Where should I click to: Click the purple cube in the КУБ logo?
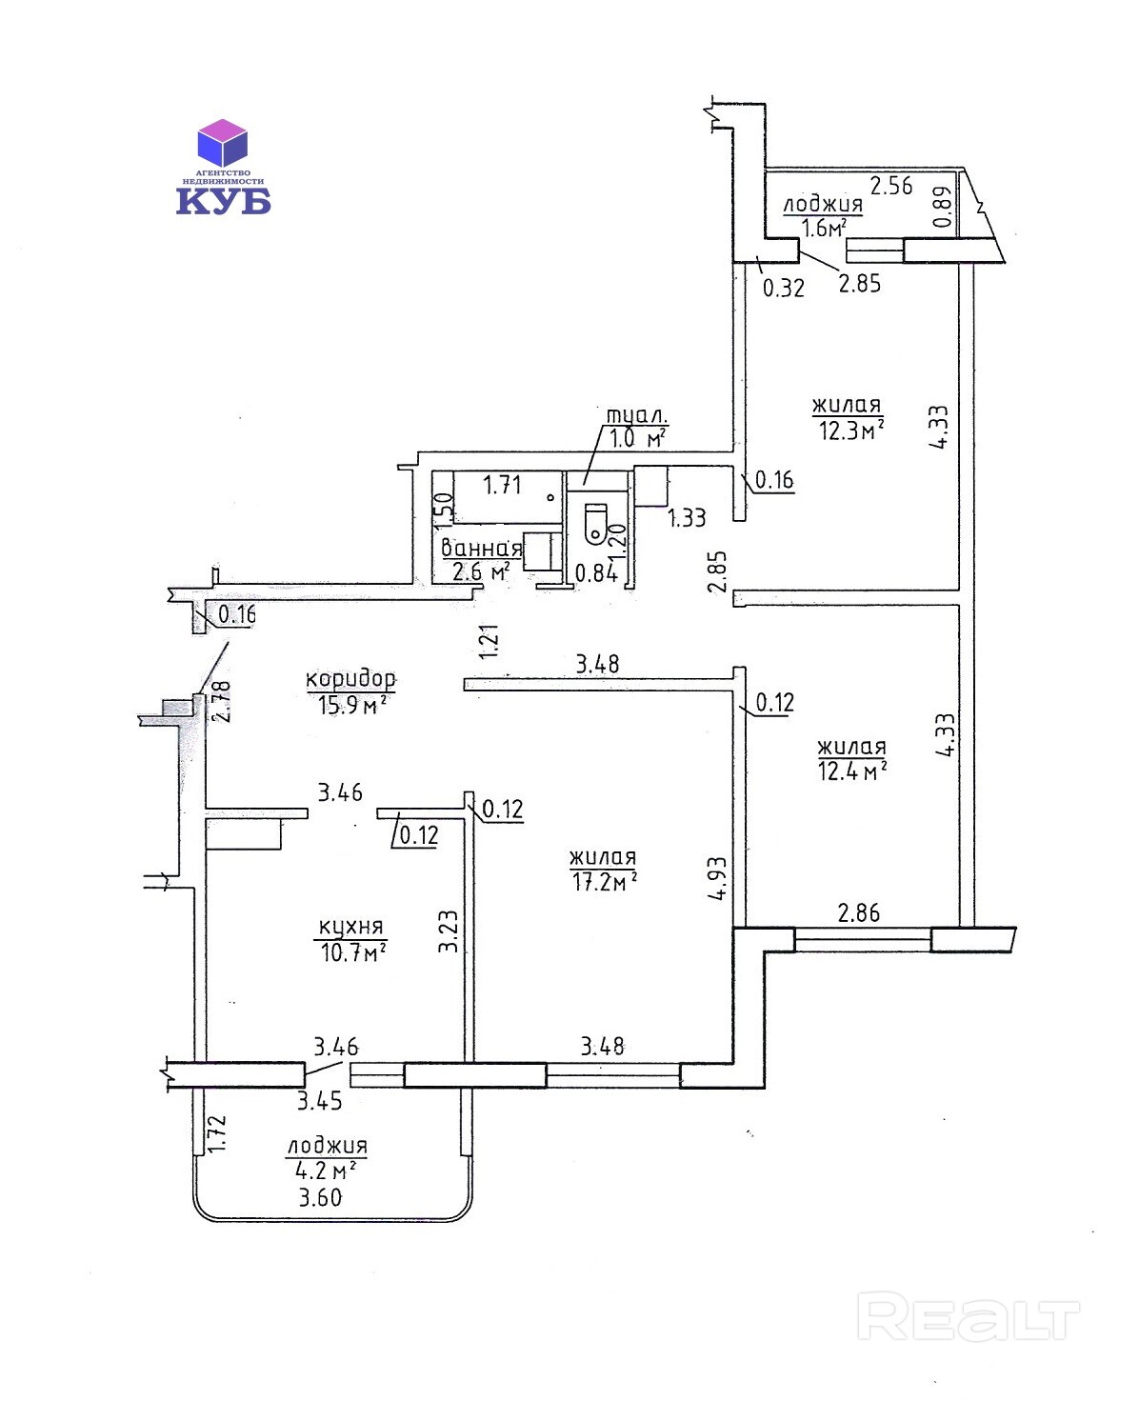pos(222,143)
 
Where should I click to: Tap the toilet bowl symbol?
pos(595,524)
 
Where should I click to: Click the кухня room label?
pos(350,926)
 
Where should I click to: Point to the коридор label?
pos(350,679)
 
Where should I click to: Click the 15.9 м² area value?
pos(351,705)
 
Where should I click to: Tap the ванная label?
pos(481,548)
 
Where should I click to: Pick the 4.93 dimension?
pos(718,877)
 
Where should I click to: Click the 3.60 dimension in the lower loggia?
pos(320,1197)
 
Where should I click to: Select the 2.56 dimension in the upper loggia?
pos(891,186)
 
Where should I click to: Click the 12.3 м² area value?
pos(851,430)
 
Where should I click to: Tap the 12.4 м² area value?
pos(852,771)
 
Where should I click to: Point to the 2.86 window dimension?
pos(858,912)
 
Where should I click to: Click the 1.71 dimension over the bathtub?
pos(502,485)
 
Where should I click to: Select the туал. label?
pos(636,415)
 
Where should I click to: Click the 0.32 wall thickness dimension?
pos(783,288)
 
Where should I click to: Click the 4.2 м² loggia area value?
pos(327,1171)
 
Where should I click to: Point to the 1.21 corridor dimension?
pos(490,641)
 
